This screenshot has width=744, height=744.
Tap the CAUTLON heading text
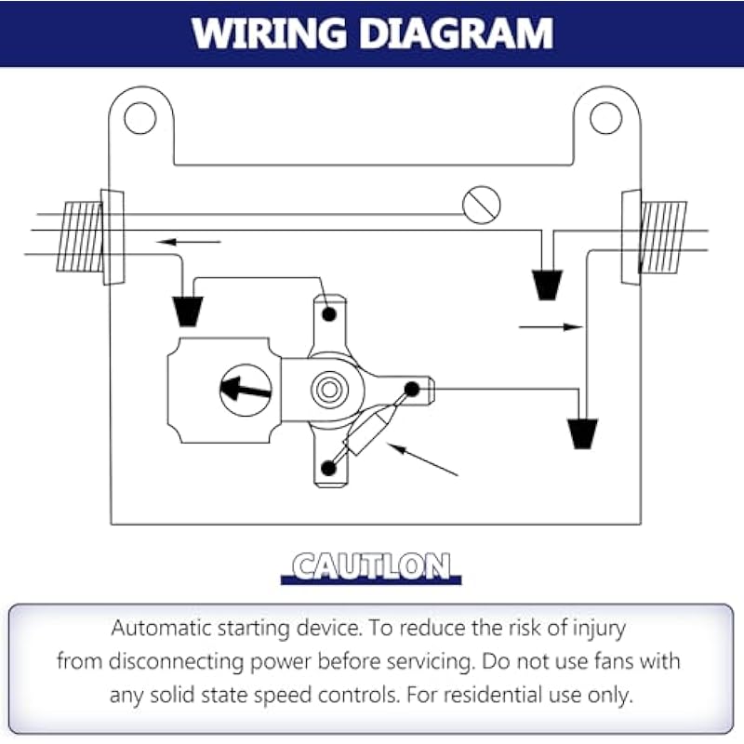(x=371, y=565)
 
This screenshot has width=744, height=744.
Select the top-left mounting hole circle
(x=140, y=117)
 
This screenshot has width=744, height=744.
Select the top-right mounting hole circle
(x=605, y=117)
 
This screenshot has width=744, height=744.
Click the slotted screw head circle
(x=482, y=204)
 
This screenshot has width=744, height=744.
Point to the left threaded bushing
(x=80, y=237)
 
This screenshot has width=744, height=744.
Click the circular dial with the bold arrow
(x=246, y=390)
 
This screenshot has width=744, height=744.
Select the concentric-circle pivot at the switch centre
(x=327, y=389)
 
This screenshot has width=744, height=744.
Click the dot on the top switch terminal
(x=327, y=314)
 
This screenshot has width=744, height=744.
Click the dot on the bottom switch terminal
(x=327, y=467)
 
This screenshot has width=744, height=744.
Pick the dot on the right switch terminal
(x=410, y=389)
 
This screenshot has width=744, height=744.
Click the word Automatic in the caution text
(x=170, y=627)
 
